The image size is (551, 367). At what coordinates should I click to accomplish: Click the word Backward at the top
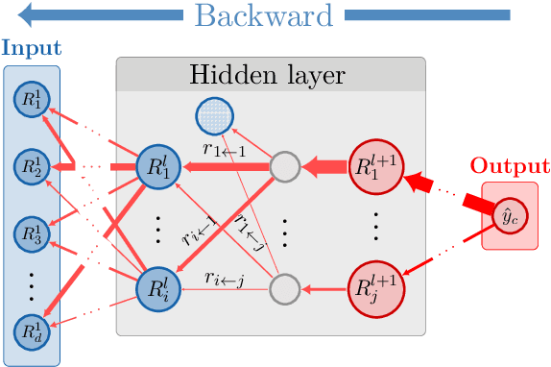(264, 16)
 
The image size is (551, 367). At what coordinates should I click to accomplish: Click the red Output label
(509, 166)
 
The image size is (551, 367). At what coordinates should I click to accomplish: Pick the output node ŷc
(509, 220)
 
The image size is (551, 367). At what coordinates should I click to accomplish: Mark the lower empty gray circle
(283, 287)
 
